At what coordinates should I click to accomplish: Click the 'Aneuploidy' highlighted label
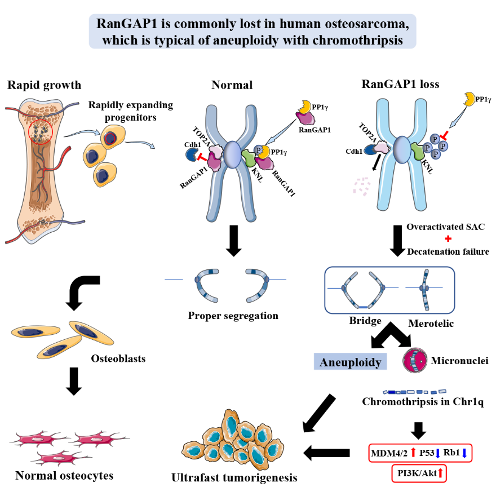tap(350, 361)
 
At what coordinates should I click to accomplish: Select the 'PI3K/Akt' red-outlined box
tap(418, 474)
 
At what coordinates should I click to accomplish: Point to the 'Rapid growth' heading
tap(44, 85)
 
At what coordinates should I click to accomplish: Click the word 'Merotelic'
tap(431, 325)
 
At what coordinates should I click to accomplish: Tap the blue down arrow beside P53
tap(437, 453)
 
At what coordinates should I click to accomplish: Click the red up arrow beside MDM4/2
tap(413, 452)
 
